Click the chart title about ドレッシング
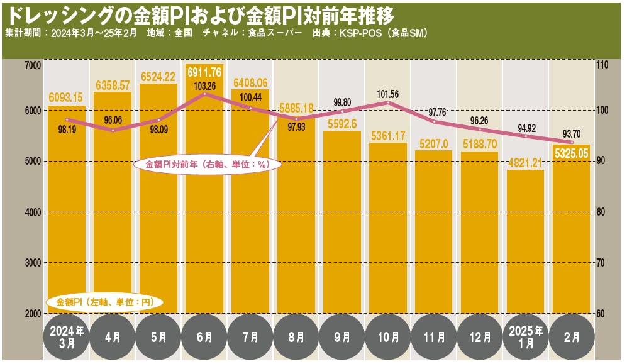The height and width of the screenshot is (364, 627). pos(201,15)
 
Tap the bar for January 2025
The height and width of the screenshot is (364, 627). pos(525,245)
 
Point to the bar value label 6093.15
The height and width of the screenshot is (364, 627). pos(66,97)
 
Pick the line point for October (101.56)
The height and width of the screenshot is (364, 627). pos(388,102)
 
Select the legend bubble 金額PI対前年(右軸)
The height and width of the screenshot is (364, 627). pos(208,164)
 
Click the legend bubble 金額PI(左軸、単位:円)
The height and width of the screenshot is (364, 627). pos(105,302)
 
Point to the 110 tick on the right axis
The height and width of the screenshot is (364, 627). pos(603,65)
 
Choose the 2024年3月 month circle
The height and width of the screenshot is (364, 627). pos(66,338)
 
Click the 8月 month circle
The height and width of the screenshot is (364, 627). pos(296,338)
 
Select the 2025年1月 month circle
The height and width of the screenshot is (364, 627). pos(526,338)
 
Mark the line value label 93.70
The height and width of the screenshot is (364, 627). pos(571,133)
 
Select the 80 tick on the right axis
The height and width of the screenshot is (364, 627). pos(602,212)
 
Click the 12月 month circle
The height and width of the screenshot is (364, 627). pos(480,338)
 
